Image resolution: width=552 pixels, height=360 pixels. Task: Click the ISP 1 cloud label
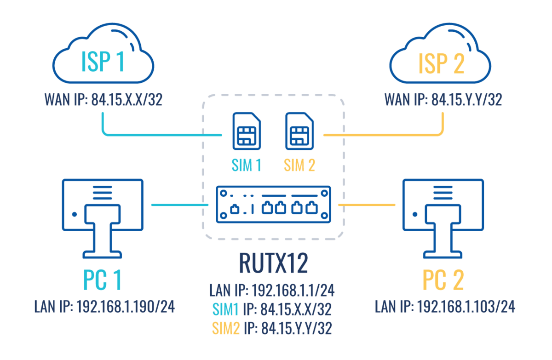(x=103, y=63)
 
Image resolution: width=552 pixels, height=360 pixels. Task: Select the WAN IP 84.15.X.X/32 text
(x=103, y=100)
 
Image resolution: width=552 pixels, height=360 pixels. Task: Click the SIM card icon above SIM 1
(x=247, y=131)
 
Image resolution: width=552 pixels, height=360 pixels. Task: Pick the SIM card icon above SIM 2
(x=299, y=131)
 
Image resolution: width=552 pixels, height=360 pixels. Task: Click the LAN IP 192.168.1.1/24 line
(x=271, y=291)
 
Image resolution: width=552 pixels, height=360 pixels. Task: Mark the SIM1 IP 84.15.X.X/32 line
(x=271, y=309)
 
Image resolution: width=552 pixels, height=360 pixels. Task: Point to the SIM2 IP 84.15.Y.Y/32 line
(x=271, y=328)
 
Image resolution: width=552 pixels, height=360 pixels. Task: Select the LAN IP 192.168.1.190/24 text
(x=105, y=307)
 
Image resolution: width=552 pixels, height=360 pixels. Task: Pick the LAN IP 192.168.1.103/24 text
(x=445, y=307)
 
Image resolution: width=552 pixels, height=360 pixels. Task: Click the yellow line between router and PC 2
(x=367, y=205)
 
